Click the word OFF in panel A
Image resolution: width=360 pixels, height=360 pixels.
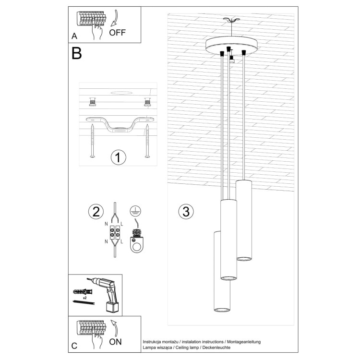pyautogui.click(x=117, y=33)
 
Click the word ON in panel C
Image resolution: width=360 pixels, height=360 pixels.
pyautogui.click(x=115, y=343)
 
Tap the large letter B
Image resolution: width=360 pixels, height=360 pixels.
pyautogui.click(x=77, y=53)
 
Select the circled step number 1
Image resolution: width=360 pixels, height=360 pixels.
pyautogui.click(x=118, y=157)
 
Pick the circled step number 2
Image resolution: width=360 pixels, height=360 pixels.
pyautogui.click(x=96, y=211)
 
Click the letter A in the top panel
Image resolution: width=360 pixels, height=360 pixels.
pyautogui.click(x=74, y=36)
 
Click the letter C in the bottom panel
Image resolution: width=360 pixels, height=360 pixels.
pyautogui.click(x=74, y=346)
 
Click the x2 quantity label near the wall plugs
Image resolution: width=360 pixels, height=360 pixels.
pyautogui.click(x=84, y=298)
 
